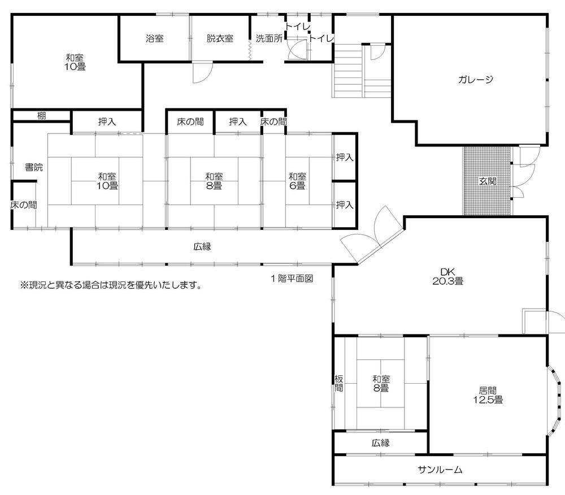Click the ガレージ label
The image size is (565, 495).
[x=476, y=80]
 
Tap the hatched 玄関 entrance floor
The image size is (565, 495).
[x=486, y=181]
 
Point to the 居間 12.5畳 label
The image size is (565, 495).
[x=488, y=394]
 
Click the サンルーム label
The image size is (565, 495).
[x=441, y=470]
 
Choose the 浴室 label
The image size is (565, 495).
[x=154, y=39]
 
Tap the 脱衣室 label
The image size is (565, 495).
[x=220, y=39]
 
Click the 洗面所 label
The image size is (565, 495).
[x=269, y=39]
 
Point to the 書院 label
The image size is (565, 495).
[x=33, y=167]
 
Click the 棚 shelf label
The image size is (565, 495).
[x=42, y=116]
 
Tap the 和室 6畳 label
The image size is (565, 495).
[x=297, y=180]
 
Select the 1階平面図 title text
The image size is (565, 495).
[x=291, y=278]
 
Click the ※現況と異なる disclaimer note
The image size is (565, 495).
[x=111, y=285]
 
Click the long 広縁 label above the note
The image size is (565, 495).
[x=202, y=246]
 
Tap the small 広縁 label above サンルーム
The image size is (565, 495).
[x=380, y=443]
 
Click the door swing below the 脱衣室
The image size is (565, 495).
[x=202, y=73]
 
